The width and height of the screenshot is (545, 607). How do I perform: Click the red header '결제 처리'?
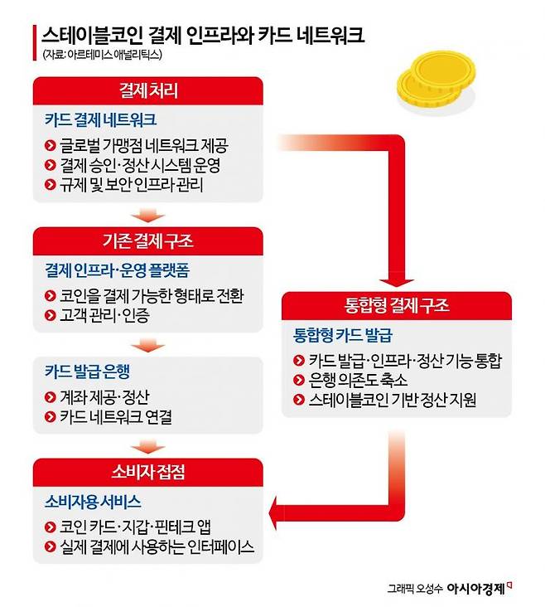[x=148, y=90]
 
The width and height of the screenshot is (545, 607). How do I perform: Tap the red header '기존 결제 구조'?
[x=148, y=240]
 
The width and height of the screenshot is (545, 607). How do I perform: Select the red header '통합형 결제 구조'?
[x=397, y=305]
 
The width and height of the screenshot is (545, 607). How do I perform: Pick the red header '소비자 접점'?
[x=148, y=472]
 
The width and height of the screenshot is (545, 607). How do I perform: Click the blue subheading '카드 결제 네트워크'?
[x=100, y=119]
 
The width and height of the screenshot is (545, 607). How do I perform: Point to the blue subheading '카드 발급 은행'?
[x=88, y=371]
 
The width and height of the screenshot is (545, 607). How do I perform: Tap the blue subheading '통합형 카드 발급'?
[x=343, y=335]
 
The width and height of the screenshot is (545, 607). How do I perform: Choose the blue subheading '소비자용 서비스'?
[x=93, y=502]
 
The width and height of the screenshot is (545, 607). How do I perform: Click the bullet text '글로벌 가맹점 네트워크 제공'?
[x=144, y=146]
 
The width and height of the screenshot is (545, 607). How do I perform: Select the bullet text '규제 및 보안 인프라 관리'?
[x=132, y=184]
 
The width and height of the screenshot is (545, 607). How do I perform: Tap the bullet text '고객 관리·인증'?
[x=105, y=315]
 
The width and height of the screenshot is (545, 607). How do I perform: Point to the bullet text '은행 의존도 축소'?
[x=358, y=380]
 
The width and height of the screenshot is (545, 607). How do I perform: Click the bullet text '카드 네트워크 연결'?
[x=116, y=417]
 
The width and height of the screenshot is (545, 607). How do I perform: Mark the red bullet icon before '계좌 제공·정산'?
[x=51, y=397]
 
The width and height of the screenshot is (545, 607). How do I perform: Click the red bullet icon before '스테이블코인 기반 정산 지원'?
[x=299, y=400]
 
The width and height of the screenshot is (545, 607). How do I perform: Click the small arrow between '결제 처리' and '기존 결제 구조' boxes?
[x=148, y=216]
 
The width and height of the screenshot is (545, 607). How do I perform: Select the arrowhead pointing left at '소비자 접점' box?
[x=274, y=512]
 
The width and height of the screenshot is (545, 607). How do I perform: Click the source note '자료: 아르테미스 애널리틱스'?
[x=102, y=55]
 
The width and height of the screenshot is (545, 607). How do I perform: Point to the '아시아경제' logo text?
[x=476, y=589]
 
